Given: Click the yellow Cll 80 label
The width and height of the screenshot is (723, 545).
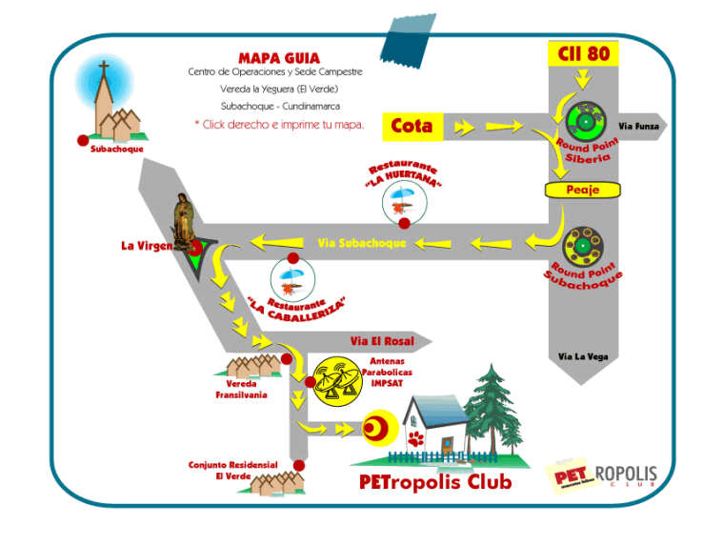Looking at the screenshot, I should pyautogui.click(x=583, y=53).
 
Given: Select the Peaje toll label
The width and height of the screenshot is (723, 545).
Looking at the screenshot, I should pyautogui.click(x=583, y=190).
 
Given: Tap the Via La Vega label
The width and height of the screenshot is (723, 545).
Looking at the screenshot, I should pyautogui.click(x=583, y=356).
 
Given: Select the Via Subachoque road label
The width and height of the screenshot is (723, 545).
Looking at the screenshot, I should pyautogui.click(x=361, y=243).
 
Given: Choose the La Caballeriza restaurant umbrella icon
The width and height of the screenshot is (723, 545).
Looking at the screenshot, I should pyautogui.click(x=290, y=277).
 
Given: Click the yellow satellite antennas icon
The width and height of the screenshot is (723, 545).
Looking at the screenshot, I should pyautogui.click(x=337, y=381).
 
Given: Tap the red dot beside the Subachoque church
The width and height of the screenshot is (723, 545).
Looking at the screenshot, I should pyautogui.click(x=83, y=140).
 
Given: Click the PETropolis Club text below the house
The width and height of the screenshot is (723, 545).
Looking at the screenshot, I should pyautogui.click(x=435, y=482).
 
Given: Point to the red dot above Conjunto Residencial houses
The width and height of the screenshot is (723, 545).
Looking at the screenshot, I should pyautogui.click(x=299, y=466).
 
